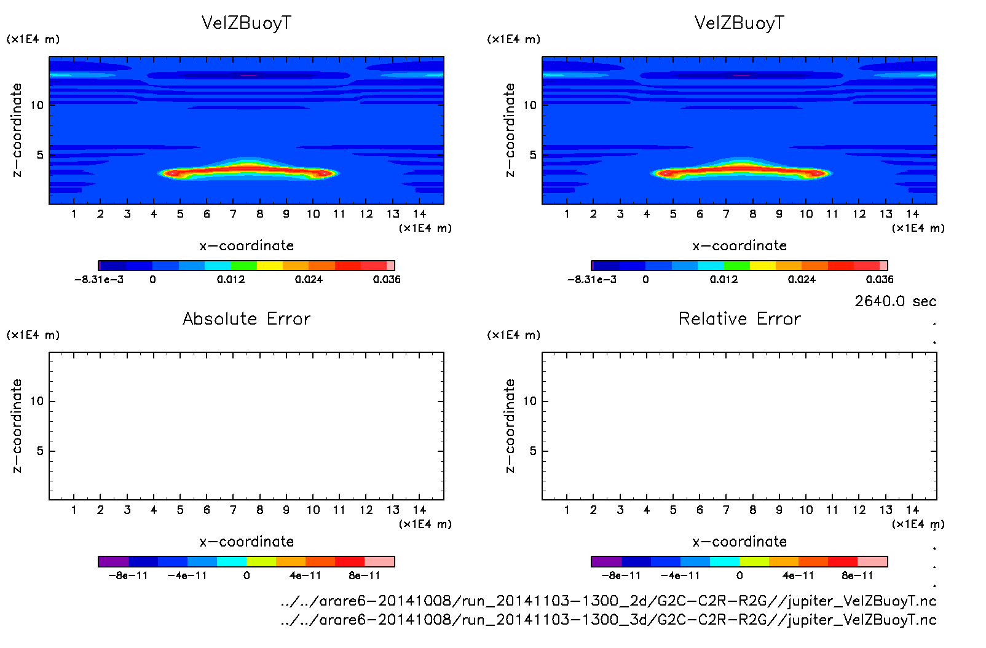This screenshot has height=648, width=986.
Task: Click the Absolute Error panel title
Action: tap(246, 318)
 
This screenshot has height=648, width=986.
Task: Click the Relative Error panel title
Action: tap(739, 318)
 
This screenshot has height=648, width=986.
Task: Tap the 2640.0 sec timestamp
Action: tap(895, 301)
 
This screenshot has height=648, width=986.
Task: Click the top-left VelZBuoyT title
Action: tap(246, 23)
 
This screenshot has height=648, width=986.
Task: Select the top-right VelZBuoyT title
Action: tap(739, 23)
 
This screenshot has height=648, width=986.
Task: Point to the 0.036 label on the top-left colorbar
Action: tap(387, 279)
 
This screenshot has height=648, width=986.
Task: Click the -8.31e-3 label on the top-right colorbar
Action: tap(591, 279)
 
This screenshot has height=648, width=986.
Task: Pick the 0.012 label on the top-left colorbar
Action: tap(231, 279)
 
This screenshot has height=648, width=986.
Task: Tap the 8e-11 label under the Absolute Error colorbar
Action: tap(365, 575)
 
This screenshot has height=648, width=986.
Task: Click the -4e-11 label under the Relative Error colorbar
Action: tap(680, 575)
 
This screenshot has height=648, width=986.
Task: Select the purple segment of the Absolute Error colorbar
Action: tap(113, 561)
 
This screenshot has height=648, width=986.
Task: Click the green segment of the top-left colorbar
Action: tap(243, 266)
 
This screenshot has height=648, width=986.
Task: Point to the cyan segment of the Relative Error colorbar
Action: tap(725, 561)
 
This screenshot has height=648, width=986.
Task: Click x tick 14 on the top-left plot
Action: tap(419, 214)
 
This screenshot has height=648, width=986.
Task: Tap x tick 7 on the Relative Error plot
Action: tap(726, 510)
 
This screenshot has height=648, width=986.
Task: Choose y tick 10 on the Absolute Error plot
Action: tap(37, 401)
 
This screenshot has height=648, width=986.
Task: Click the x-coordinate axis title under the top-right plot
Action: tap(739, 246)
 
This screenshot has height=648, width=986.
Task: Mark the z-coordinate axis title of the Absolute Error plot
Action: tap(17, 425)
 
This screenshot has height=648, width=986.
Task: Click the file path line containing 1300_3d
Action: tap(608, 620)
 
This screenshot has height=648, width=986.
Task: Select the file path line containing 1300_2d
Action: tap(608, 601)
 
